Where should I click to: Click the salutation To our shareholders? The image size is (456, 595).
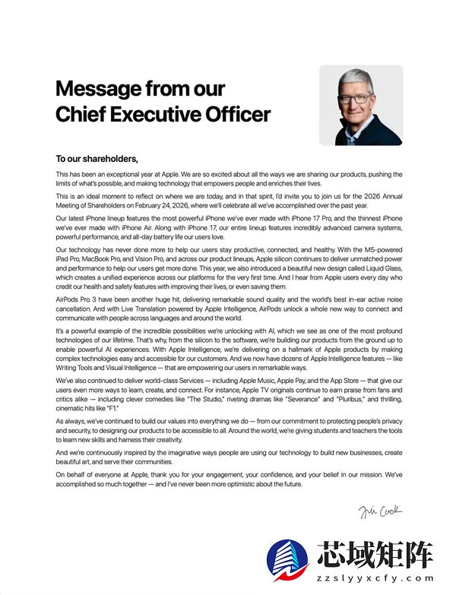tap(97, 160)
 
